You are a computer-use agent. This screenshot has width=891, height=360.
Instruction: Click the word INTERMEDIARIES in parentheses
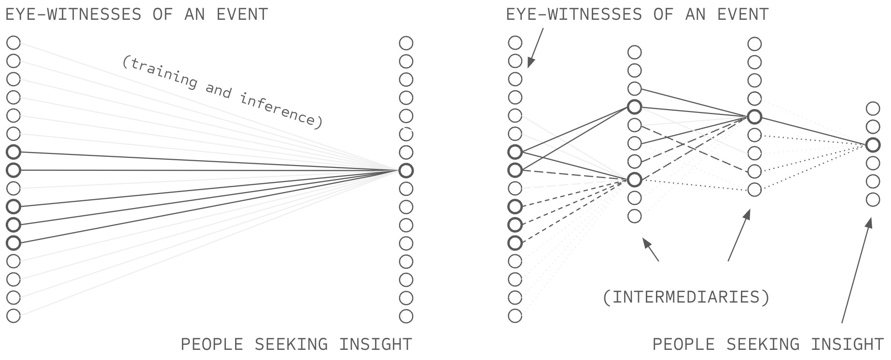point(686,297)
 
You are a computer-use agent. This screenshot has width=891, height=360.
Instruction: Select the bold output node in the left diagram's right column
point(406,170)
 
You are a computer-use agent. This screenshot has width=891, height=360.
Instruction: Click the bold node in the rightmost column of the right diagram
point(873,145)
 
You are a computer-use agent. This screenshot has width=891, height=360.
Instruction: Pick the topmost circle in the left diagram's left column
point(14,42)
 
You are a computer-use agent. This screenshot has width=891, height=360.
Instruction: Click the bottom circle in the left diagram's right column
point(406,316)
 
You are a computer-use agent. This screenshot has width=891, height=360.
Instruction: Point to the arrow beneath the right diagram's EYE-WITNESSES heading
point(535,48)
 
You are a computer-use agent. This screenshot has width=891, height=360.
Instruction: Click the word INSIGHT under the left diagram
point(375,345)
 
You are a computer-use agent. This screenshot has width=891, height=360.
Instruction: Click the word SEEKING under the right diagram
point(762,345)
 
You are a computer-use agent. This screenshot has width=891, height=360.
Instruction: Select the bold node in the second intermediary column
point(754,117)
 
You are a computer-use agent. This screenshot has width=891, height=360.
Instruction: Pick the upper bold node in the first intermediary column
point(634,107)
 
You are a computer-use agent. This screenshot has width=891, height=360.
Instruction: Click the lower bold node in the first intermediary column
point(634,180)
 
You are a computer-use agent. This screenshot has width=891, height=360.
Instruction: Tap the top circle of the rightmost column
point(873,108)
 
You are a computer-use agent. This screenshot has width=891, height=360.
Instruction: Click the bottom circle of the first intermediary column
point(634,216)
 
